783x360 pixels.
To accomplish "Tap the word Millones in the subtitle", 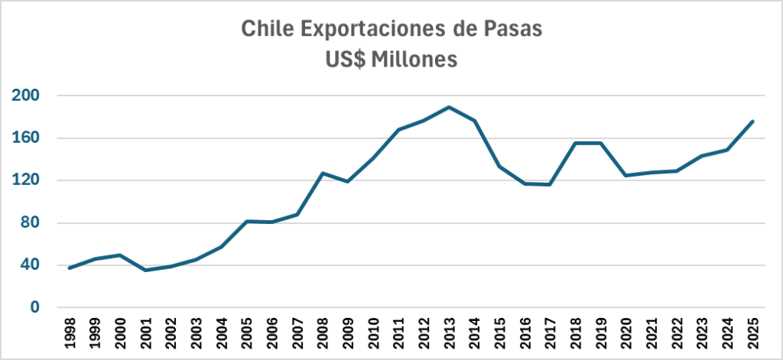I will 414,60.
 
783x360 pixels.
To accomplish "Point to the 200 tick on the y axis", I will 25,96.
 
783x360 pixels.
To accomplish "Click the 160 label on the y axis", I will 25,138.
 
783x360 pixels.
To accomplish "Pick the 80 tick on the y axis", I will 29,223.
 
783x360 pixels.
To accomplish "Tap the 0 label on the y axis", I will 34,307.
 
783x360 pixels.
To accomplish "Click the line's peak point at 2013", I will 449,107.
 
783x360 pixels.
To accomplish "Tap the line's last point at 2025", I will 753,121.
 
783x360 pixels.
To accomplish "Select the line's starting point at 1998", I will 70,268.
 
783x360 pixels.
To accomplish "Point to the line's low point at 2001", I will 145,270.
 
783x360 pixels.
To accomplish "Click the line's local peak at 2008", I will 323,174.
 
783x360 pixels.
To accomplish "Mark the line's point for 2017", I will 550,184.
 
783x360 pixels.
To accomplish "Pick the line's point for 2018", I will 574,143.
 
